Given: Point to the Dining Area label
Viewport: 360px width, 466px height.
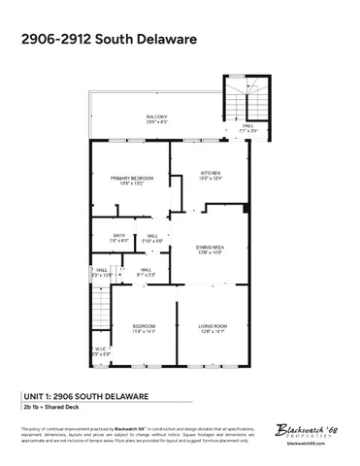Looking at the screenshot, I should [211, 248].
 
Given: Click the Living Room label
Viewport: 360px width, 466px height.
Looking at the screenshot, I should [213, 325].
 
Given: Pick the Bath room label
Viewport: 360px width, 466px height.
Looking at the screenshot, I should [119, 235].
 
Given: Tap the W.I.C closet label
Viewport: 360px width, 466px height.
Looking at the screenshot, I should [100, 349].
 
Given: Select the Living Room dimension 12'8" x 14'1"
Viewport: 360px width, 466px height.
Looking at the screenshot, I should [213, 331].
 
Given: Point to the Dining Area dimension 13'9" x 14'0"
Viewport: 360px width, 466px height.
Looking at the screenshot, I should [211, 253].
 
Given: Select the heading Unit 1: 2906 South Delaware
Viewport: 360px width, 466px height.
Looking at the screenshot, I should [84, 396].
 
